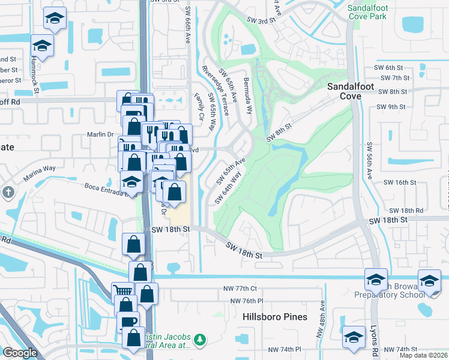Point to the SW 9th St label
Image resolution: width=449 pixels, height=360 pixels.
[391, 107]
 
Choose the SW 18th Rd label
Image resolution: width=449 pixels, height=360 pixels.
[406, 211]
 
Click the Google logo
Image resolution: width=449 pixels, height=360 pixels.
[20, 352]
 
